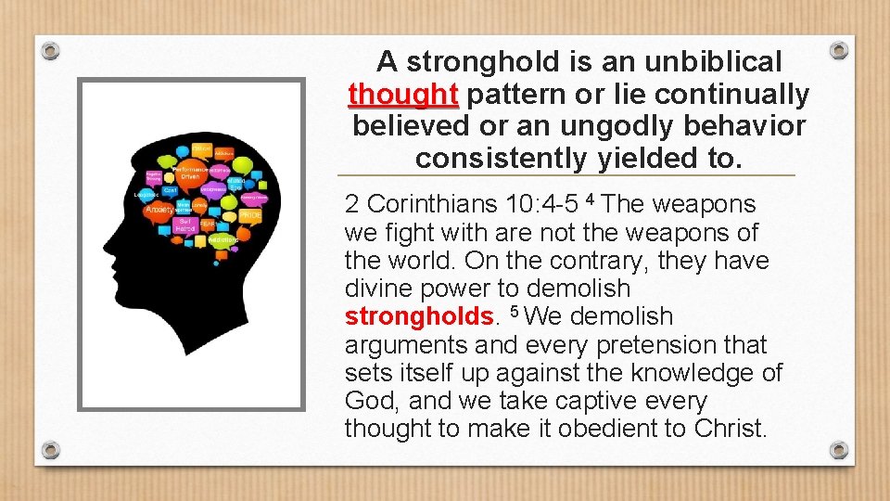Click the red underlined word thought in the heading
pos(403,95)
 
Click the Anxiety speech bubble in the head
pos(159,210)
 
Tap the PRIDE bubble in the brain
pos(250,215)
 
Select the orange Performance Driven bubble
pos(193,173)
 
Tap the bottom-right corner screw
pos(838,450)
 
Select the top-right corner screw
pos(838,49)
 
